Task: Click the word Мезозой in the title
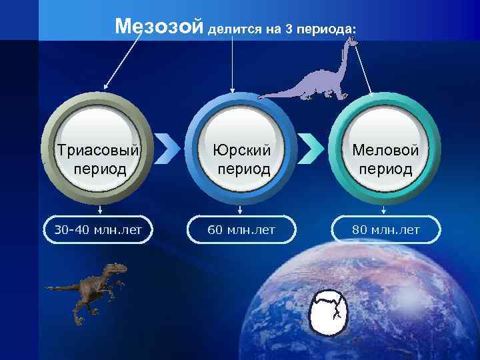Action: pyautogui.click(x=158, y=27)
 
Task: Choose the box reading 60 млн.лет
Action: pyautogui.click(x=242, y=231)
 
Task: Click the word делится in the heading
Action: pyautogui.click(x=233, y=30)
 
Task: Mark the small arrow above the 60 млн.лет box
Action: pyautogui.click(x=242, y=211)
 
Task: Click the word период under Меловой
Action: pyautogui.click(x=387, y=168)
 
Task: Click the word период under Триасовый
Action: pyautogui.click(x=99, y=168)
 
